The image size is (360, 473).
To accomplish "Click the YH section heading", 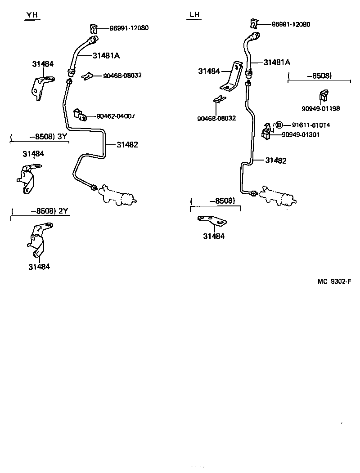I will point(32,16).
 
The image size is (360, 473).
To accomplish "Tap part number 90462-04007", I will point(115,116).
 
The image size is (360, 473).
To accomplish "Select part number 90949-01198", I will point(320,108).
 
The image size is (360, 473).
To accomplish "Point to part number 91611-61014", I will point(310,125).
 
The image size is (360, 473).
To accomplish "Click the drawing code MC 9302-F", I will point(334,281).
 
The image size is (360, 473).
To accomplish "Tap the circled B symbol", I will point(279,125).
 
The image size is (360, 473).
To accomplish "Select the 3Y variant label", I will point(63,136).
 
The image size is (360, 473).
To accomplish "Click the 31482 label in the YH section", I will point(127,145).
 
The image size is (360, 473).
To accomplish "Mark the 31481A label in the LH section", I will point(277,62).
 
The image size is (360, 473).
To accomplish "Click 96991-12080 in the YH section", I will point(129,28).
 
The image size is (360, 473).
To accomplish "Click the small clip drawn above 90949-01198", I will point(323,95).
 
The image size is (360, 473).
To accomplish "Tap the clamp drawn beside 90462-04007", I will point(80,114).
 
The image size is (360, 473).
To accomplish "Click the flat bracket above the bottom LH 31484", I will point(212,221).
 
